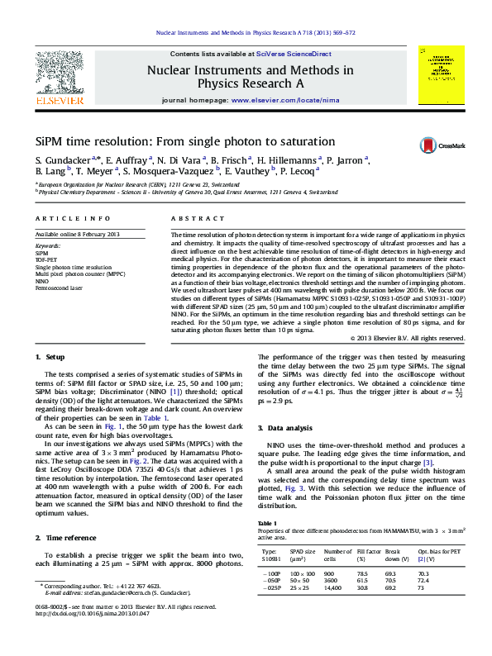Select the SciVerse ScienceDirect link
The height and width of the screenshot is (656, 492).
click(294, 53)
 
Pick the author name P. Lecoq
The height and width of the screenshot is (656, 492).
click(296, 171)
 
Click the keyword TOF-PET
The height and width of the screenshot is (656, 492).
click(45, 260)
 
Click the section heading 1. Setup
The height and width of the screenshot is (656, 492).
click(50, 356)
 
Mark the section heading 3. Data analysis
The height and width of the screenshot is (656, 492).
click(285, 429)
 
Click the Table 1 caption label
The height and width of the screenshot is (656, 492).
click(267, 524)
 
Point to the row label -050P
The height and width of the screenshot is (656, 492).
click(272, 580)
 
